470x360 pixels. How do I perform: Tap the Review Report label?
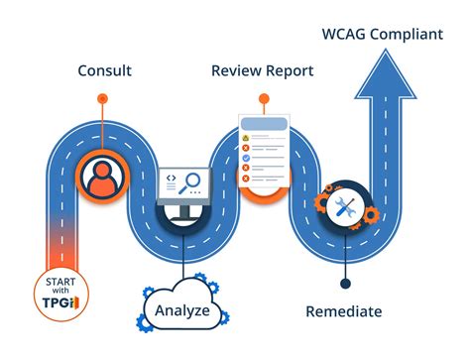[262, 71]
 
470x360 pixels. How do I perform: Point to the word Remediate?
[344, 311]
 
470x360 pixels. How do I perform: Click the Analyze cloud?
[181, 310]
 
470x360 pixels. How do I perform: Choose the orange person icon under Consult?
[102, 178]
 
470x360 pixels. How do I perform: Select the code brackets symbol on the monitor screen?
[171, 178]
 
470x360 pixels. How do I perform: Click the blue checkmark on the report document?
[246, 157]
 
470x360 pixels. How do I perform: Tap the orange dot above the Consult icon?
[102, 98]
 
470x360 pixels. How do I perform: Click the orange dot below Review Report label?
[263, 98]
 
